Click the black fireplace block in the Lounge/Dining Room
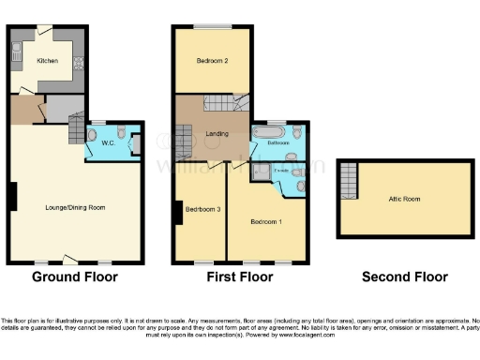[x=12, y=196]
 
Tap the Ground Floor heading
[x=75, y=277]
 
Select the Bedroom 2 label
[x=212, y=61]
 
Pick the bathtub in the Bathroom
[x=262, y=133]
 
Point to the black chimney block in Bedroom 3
[x=178, y=214]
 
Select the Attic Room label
[x=405, y=199]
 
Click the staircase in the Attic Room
[x=349, y=179]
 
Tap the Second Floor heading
[x=404, y=277]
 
